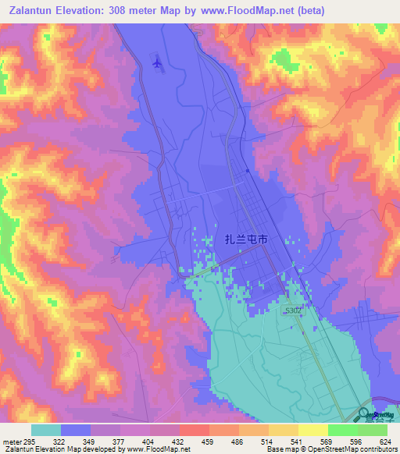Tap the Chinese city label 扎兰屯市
coord(241,240)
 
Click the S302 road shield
coord(293,310)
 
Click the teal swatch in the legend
coord(46,430)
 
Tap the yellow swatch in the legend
coord(313,430)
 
